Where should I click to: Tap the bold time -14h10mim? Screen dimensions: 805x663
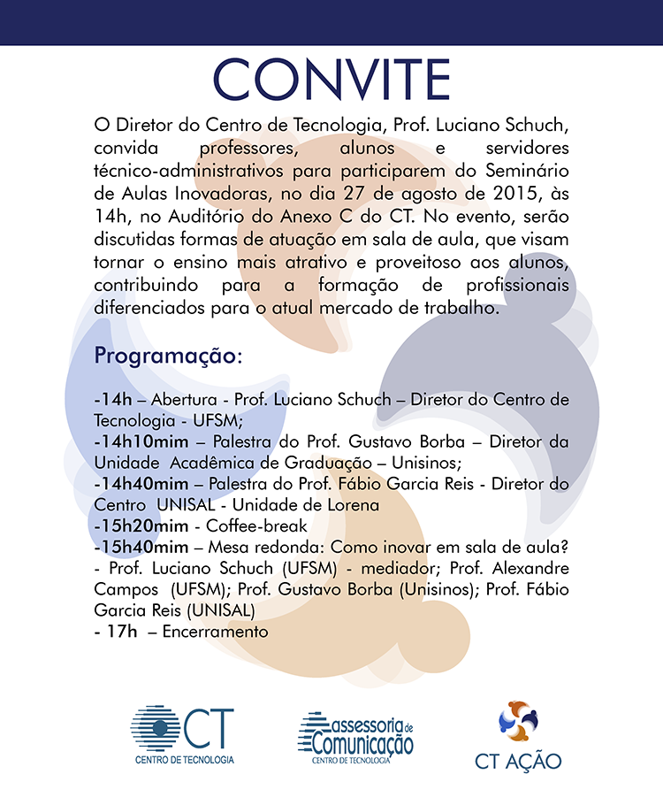pyautogui.click(x=137, y=441)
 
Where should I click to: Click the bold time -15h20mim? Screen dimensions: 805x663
pyautogui.click(x=137, y=525)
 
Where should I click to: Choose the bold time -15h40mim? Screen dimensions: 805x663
pyautogui.click(x=137, y=547)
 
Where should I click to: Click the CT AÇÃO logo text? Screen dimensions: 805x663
pyautogui.click(x=518, y=761)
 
